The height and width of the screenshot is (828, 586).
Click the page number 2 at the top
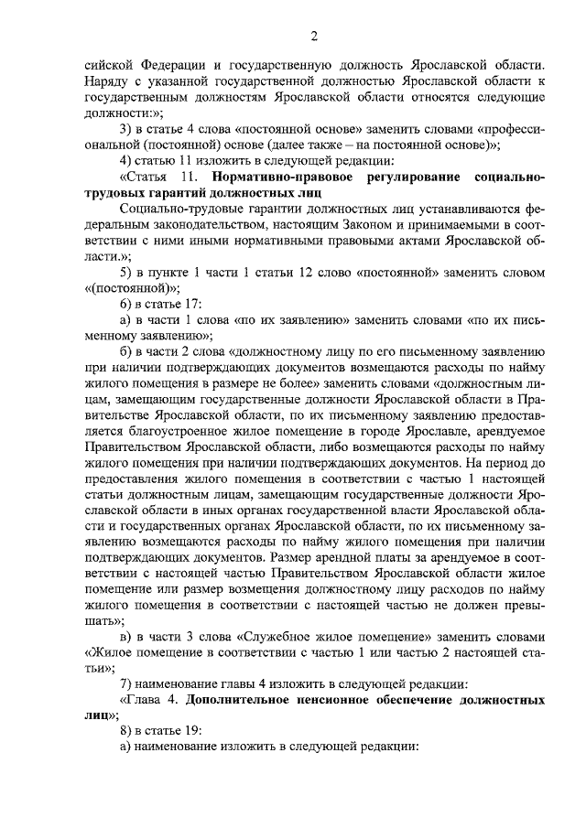click(x=313, y=37)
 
